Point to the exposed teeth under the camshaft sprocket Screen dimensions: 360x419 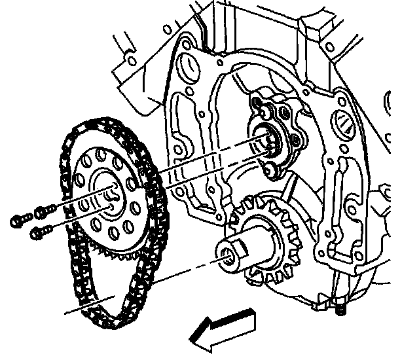(x=111, y=252)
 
